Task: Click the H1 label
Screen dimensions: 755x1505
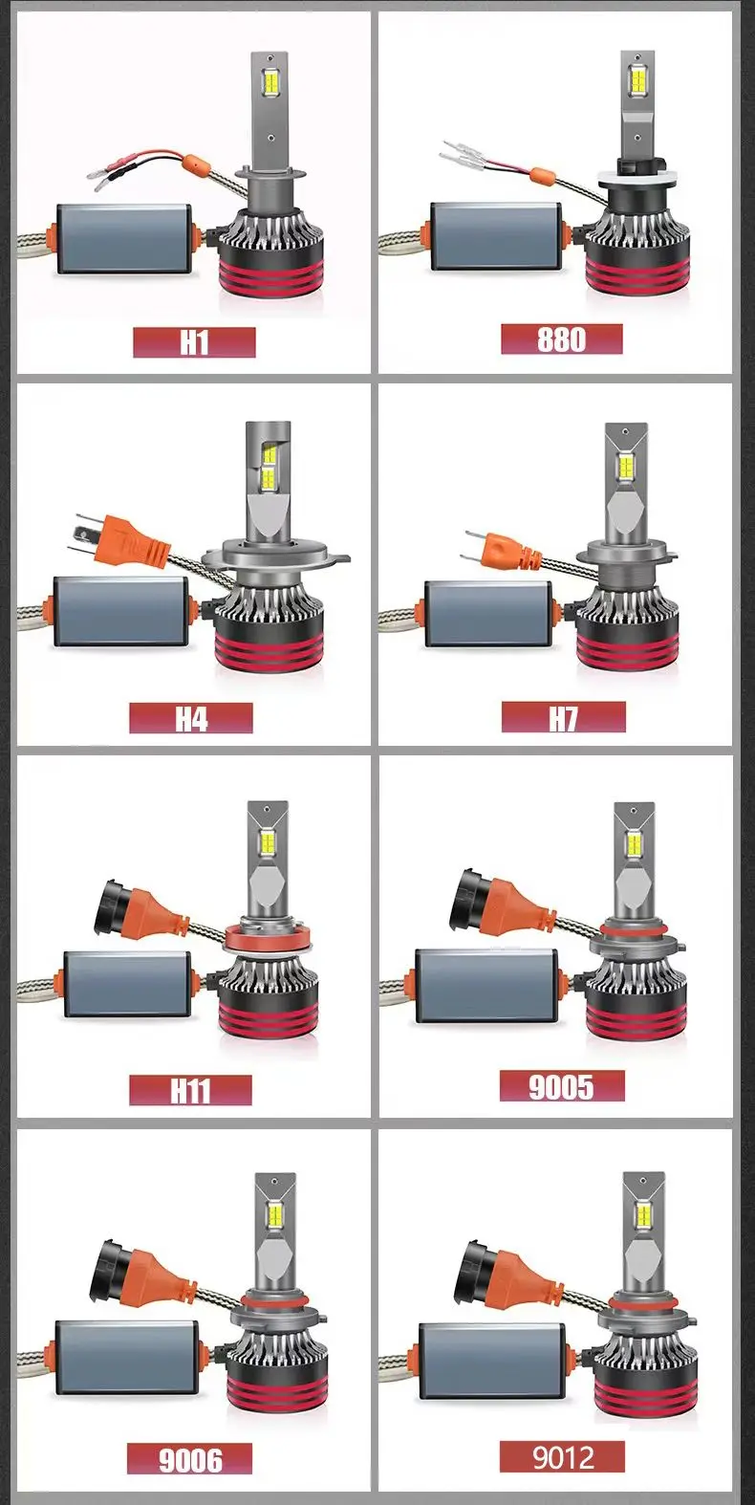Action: coord(194,342)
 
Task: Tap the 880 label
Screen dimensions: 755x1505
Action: coord(562,339)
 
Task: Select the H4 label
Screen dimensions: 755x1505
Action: coord(191,717)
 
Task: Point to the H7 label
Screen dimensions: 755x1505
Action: coord(563,717)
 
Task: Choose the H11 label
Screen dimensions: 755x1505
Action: coord(191,1090)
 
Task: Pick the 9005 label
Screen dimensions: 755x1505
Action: coord(562,1086)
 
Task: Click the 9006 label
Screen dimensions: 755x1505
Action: coord(190,1460)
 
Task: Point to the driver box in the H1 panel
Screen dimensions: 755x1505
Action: coord(125,239)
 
